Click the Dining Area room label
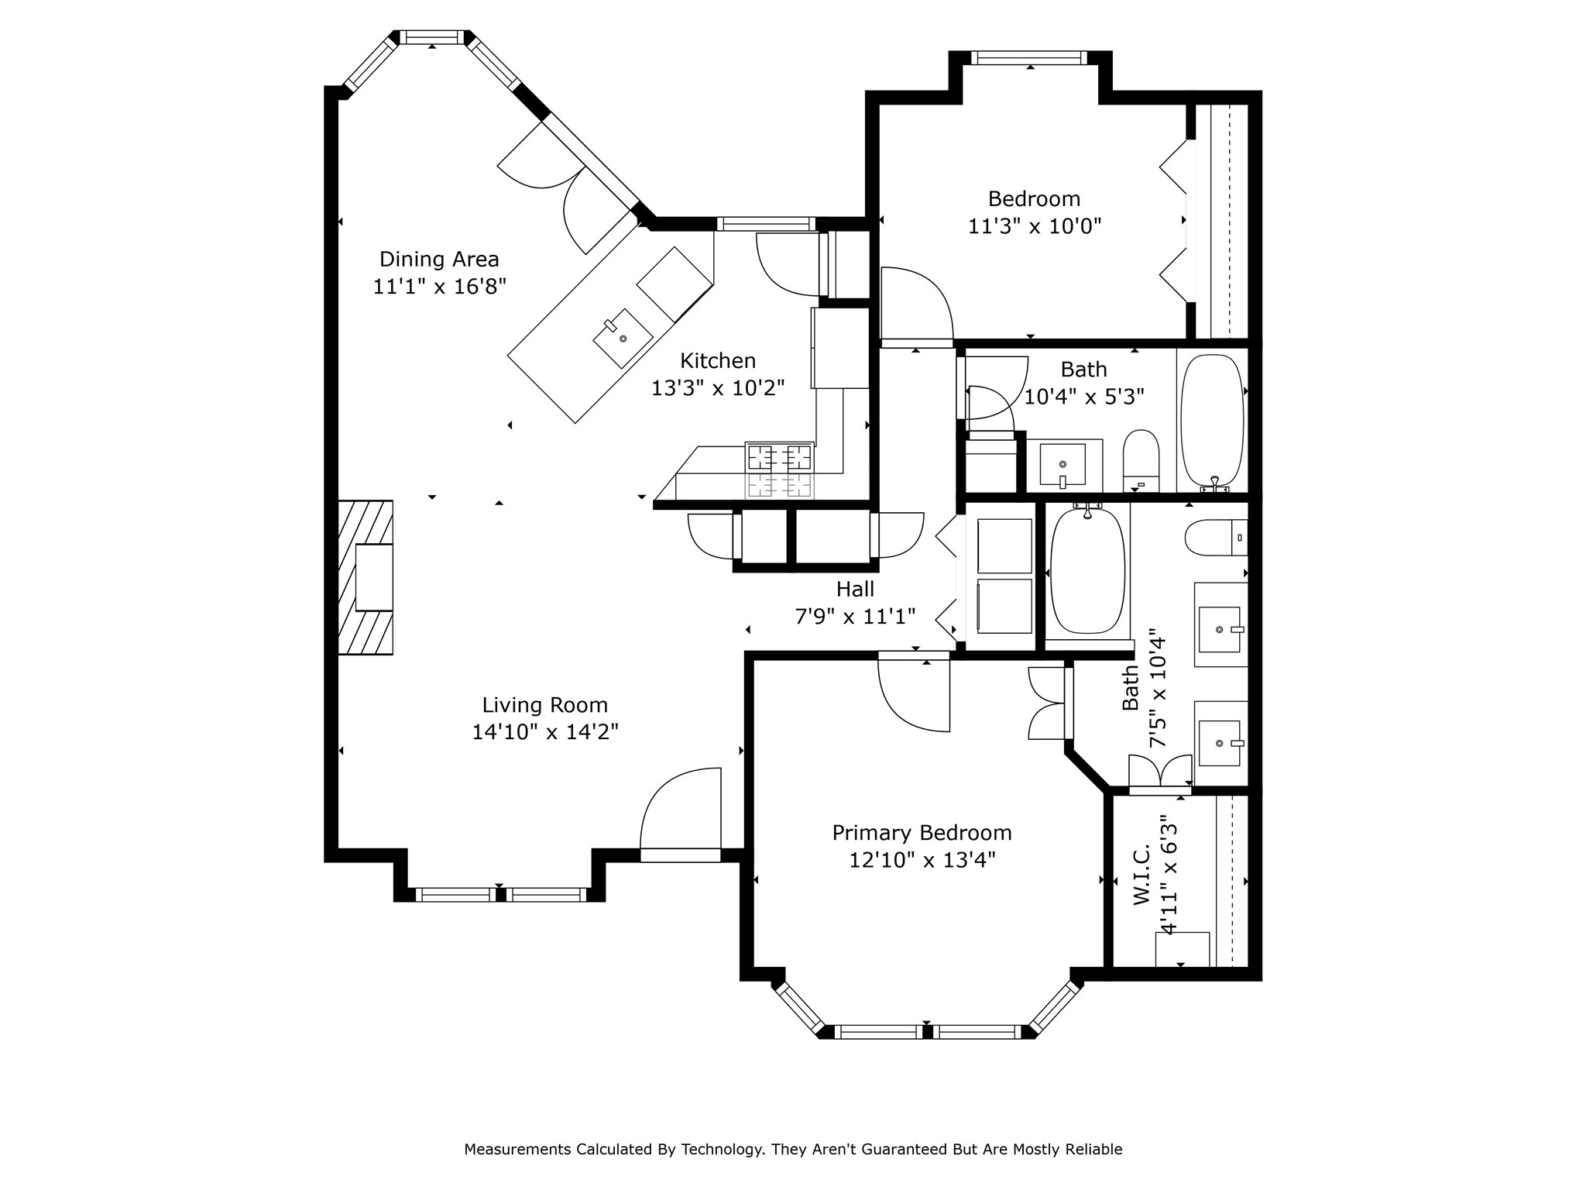439,259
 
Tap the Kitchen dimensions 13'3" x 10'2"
718,388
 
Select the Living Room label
545,705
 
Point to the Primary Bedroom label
922,833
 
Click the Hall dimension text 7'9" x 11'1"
856,617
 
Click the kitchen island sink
623,339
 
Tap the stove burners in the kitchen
779,469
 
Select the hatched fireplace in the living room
366,577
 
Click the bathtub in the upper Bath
1212,421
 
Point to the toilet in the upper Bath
1141,461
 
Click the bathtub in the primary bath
1086,570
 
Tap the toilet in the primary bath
1216,538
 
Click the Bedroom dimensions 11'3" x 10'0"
1035,226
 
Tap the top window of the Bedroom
1030,58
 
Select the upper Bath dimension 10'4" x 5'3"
1084,397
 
